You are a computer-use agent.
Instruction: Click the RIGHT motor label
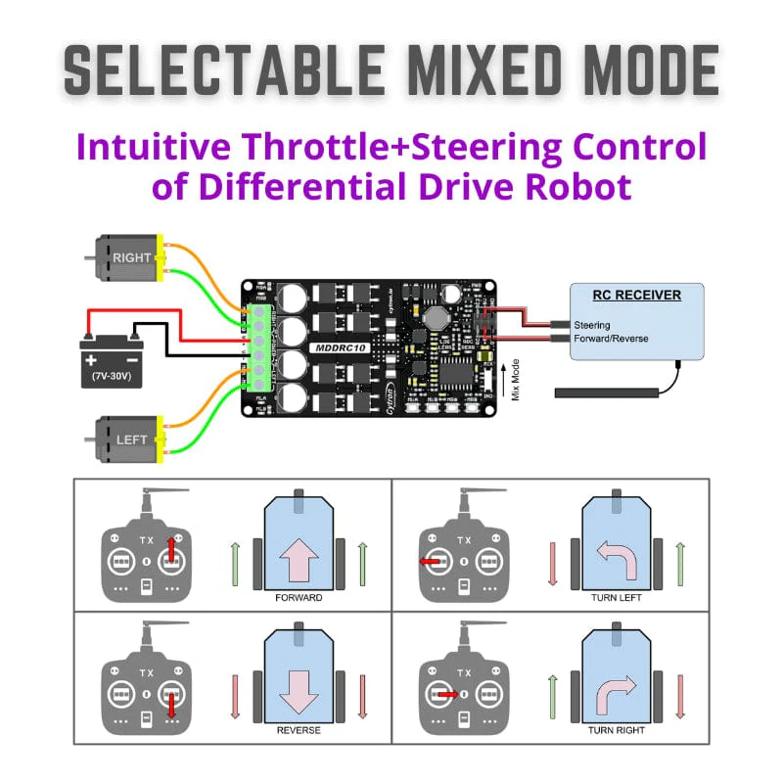[131, 257]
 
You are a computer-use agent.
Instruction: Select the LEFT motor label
[131, 439]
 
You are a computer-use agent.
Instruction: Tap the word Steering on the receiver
[592, 325]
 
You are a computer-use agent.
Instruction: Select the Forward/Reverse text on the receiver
[611, 339]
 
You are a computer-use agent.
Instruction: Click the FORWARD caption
[299, 597]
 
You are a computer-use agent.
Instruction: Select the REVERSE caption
[299, 730]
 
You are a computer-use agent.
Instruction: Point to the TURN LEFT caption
[616, 597]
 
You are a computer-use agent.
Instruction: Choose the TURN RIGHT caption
[616, 730]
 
